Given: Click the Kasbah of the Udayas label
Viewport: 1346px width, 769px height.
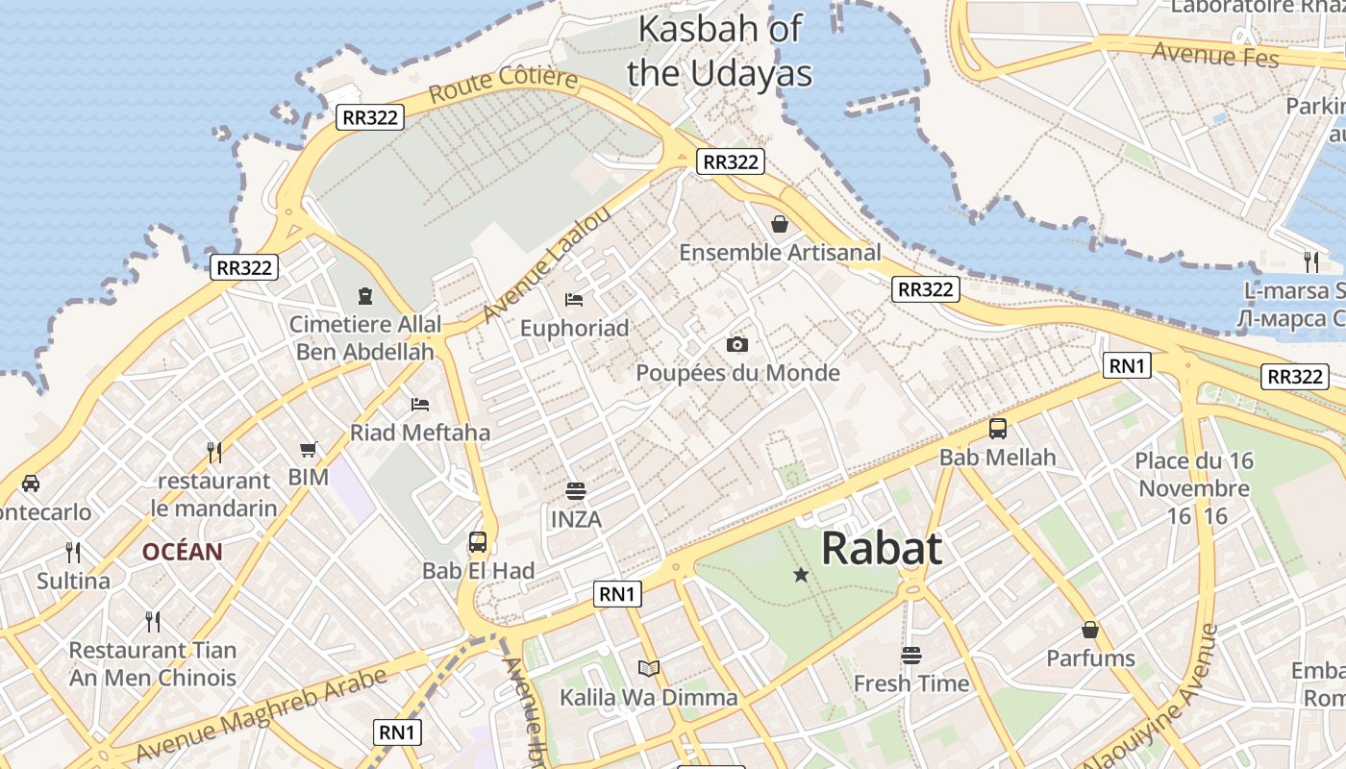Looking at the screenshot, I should [719, 51].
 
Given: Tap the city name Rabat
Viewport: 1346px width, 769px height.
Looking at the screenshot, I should [882, 549].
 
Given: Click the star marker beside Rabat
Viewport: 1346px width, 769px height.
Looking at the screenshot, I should [801, 575].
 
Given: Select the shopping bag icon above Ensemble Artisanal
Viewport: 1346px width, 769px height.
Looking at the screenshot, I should [780, 224].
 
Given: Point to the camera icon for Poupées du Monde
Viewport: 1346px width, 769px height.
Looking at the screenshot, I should [737, 344].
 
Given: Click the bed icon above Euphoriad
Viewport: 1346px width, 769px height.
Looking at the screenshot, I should [574, 299].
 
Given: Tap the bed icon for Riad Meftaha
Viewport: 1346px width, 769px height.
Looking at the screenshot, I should [420, 404].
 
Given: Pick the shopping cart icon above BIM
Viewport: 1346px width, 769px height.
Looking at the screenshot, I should [309, 449].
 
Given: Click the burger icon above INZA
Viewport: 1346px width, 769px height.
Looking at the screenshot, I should [576, 491].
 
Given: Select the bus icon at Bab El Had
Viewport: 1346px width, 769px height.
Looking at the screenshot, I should [478, 541].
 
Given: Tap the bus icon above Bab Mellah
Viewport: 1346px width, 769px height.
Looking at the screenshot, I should [998, 429].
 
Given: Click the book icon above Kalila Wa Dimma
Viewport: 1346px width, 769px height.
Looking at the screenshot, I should [649, 668].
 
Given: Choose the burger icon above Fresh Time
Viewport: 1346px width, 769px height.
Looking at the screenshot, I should [911, 656].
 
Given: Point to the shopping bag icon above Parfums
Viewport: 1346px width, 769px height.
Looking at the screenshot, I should [1090, 630].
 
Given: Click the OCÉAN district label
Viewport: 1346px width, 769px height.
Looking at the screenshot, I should [183, 552].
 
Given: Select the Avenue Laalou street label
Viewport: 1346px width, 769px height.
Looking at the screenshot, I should [545, 264].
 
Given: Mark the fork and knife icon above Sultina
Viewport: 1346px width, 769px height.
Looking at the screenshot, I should [73, 552].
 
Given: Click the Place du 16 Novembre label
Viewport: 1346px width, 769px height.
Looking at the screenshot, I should [1194, 488].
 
